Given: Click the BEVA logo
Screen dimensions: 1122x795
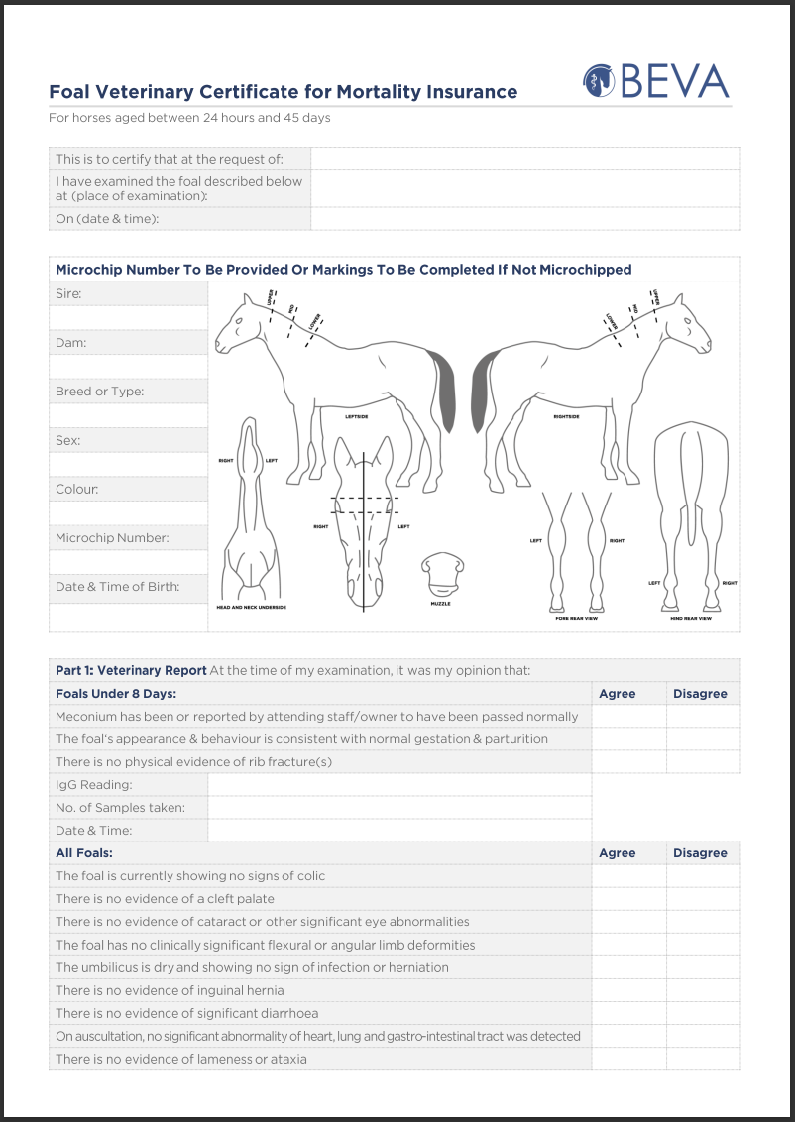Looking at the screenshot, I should coord(655,81).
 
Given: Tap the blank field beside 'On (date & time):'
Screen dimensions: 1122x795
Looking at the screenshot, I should coord(525,219).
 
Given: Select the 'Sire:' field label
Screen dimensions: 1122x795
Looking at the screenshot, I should coord(69,293).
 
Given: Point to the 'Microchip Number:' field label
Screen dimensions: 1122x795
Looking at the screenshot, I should coord(112,538).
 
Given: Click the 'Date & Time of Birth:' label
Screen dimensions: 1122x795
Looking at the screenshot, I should coord(117,587).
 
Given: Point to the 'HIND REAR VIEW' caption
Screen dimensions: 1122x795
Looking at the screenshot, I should coord(691,619).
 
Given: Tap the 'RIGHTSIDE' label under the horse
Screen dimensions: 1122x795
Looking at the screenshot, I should coord(567,417).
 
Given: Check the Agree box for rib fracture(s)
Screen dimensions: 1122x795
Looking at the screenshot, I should coord(628,762).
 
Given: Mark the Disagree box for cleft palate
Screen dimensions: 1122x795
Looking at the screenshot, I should coord(703,899).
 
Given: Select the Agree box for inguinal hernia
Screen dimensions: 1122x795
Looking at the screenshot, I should coord(628,990).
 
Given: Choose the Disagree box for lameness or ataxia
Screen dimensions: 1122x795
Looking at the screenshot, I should coord(703,1059).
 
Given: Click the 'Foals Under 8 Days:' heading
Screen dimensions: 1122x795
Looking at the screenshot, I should coord(116,694).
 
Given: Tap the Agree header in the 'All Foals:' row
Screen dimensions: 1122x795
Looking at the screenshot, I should coord(618,853).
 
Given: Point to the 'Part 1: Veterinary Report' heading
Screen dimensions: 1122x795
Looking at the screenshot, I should coord(131,670).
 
